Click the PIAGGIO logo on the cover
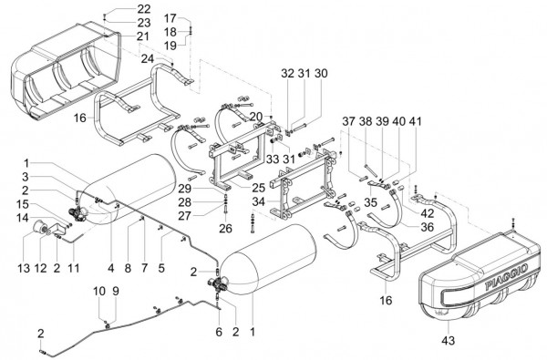[506, 277]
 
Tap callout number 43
[449, 340]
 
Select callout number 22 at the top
[144, 9]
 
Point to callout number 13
[24, 268]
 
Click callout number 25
[259, 188]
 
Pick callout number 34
[259, 201]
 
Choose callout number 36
[427, 227]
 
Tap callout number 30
[321, 73]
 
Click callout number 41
[415, 121]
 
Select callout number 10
[99, 291]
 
